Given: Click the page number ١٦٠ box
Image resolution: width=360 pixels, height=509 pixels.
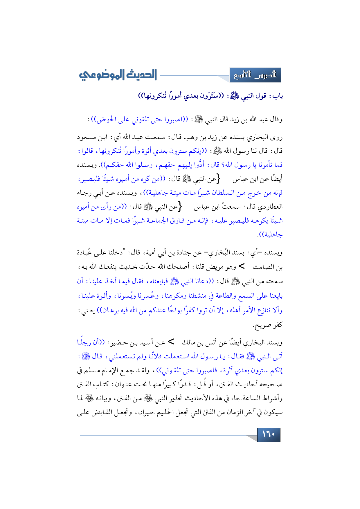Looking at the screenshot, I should [269, 434].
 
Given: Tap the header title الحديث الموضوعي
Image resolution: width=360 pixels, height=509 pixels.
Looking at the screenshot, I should [118, 75].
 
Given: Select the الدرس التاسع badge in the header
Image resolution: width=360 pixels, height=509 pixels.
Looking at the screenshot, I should [255, 75].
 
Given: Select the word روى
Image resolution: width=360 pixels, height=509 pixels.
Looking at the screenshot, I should [277, 137].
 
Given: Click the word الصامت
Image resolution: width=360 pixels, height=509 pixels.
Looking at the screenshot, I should [264, 267].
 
